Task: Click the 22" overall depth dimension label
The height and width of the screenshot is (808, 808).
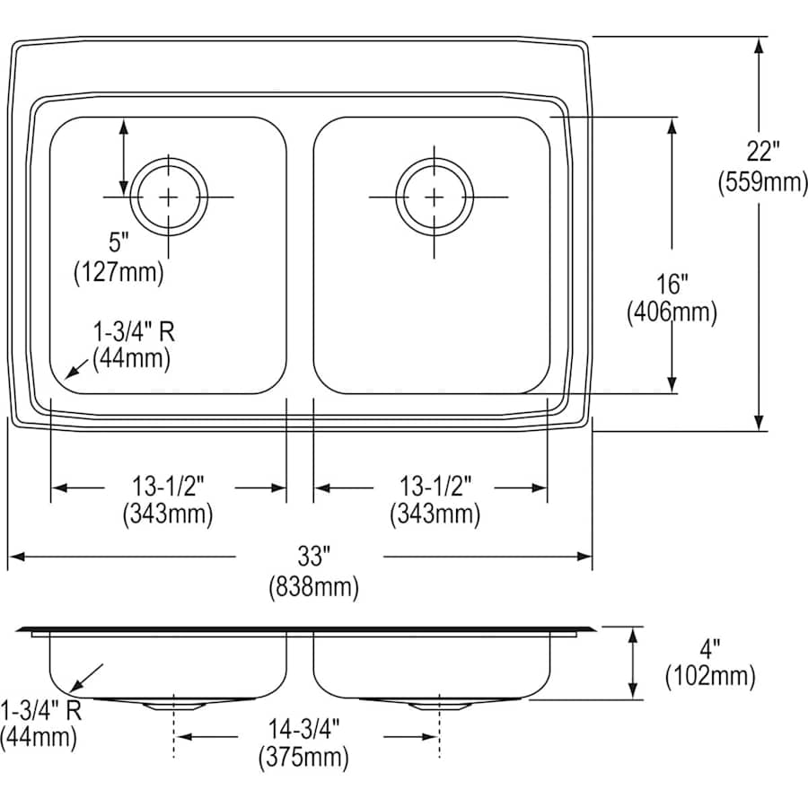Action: point(761,154)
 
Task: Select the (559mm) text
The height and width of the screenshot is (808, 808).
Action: point(762,182)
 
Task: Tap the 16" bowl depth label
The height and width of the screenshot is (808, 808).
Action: point(672,285)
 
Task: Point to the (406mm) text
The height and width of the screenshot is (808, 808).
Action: point(672,312)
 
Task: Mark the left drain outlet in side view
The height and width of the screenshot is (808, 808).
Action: point(171,705)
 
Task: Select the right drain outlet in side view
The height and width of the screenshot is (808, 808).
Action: point(437,705)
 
